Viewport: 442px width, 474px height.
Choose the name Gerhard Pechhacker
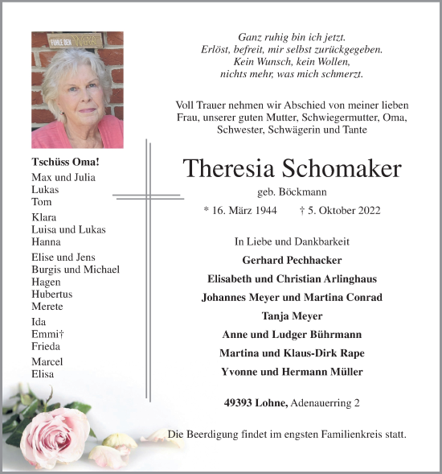[x=292, y=260]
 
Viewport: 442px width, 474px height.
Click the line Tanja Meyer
[x=292, y=315]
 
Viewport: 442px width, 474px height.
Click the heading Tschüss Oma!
[x=55, y=162]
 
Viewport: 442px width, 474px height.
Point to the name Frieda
[x=45, y=346]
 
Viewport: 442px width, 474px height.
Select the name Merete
[x=47, y=306]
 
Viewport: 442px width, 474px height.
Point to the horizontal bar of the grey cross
[x=147, y=195]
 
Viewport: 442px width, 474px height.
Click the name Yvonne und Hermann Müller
[x=292, y=372]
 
